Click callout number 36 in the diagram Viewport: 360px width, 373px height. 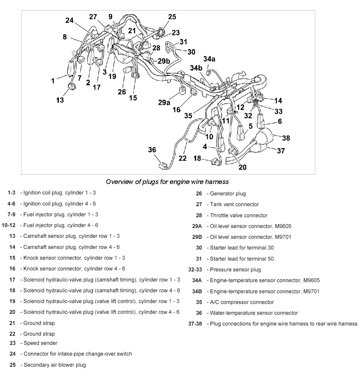152,149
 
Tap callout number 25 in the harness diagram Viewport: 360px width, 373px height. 172,17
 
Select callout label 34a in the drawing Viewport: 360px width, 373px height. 209,59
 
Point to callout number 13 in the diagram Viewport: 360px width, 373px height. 60,100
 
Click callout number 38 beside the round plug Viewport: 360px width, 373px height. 286,138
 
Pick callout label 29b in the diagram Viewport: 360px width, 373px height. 164,61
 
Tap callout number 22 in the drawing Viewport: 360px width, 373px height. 183,158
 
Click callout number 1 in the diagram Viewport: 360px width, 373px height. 53,81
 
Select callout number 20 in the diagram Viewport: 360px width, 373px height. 242,167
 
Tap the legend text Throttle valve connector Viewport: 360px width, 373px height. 239,215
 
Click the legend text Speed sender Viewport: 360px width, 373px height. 40,343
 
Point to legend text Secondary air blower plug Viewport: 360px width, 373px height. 55,365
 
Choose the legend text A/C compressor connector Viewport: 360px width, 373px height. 242,302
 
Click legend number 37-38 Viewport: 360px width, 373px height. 195,324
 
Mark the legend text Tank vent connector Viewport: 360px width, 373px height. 234,205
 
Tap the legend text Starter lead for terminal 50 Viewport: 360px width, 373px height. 242,259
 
